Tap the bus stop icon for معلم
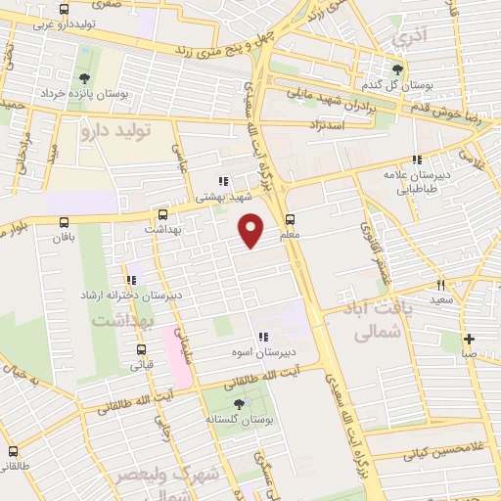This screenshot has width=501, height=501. click(290, 220)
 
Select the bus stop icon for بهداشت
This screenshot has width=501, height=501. click(163, 214)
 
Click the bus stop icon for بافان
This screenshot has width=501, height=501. click(65, 222)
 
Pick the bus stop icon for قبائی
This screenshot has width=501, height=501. click(141, 349)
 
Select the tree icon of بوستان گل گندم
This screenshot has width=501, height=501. click(396, 69)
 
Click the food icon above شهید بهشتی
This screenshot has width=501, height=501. click(223, 181)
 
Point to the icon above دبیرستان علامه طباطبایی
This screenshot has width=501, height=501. click(417, 159)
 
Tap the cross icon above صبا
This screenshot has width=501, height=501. click(470, 338)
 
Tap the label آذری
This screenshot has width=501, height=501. click(404, 39)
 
